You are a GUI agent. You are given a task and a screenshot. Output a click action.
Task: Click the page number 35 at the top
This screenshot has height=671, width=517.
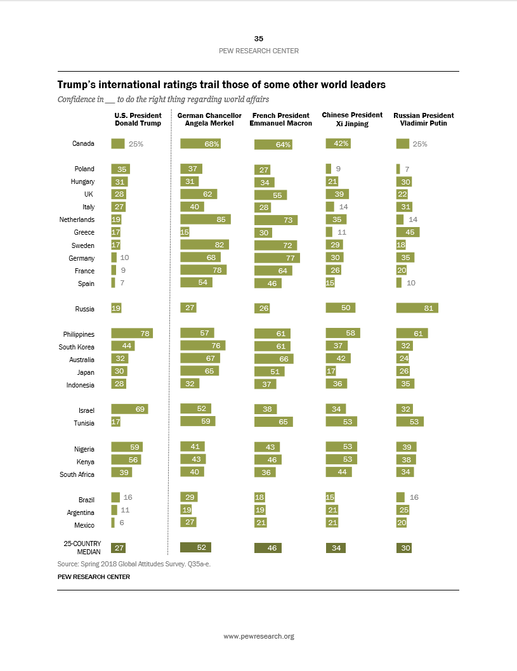258,39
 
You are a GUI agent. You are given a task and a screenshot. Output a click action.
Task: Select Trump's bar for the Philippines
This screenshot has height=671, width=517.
132,334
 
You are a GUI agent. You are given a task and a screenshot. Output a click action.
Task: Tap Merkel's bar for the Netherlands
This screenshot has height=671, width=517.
206,219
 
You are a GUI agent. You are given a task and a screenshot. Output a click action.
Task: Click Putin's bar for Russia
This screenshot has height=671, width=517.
417,308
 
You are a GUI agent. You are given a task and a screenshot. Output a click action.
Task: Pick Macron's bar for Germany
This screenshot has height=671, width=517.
277,258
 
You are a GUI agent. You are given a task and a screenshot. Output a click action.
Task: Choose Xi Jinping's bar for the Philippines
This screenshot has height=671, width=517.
343,333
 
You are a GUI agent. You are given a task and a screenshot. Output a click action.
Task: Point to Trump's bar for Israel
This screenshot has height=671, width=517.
129,410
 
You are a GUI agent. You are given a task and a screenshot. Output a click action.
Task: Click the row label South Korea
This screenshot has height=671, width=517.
76,346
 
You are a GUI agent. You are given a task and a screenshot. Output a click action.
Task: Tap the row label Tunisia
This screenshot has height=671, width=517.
83,423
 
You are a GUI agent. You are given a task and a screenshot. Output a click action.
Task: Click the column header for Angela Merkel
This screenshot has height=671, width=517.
209,119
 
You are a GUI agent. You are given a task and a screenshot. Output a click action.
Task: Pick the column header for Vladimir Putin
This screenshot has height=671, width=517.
423,119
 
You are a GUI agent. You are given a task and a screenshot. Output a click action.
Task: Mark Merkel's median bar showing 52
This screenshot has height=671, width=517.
195,548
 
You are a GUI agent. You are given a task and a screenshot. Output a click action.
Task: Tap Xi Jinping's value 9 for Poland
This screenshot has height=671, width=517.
338,169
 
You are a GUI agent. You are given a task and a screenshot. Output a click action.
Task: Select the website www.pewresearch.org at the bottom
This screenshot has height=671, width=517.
258,636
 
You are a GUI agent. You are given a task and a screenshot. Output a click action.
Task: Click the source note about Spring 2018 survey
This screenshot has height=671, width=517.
133,564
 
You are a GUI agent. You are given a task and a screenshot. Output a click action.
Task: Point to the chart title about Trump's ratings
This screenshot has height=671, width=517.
221,84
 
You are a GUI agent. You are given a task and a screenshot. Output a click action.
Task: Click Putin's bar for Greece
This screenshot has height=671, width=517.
407,233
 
